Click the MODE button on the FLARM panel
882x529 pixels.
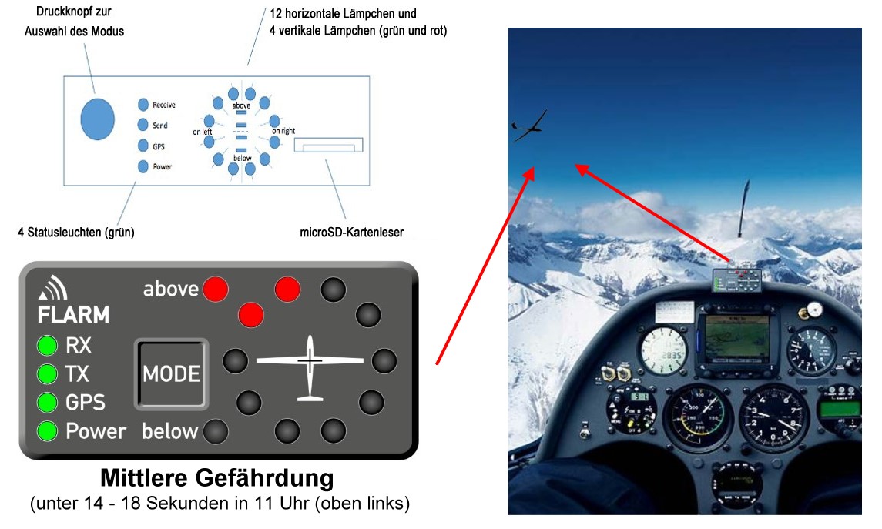click(172, 373)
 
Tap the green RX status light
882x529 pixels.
click(47, 345)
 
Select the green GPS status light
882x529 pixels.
click(47, 403)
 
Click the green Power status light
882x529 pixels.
click(47, 431)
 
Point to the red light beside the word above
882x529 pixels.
click(216, 289)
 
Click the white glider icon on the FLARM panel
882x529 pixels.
click(310, 367)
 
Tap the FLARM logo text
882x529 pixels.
click(73, 315)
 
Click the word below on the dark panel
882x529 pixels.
click(170, 431)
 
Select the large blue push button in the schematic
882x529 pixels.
click(97, 119)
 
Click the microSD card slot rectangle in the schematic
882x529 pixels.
click(328, 145)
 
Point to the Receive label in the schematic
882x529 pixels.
click(163, 105)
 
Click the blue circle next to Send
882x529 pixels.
click(143, 125)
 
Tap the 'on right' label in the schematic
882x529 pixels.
click(283, 131)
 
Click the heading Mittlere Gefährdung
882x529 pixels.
click(217, 478)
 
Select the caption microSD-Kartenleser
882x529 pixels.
click(351, 233)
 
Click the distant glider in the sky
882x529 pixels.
click(528, 126)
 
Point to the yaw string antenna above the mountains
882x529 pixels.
click(744, 208)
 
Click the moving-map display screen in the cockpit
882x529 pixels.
click(737, 339)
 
